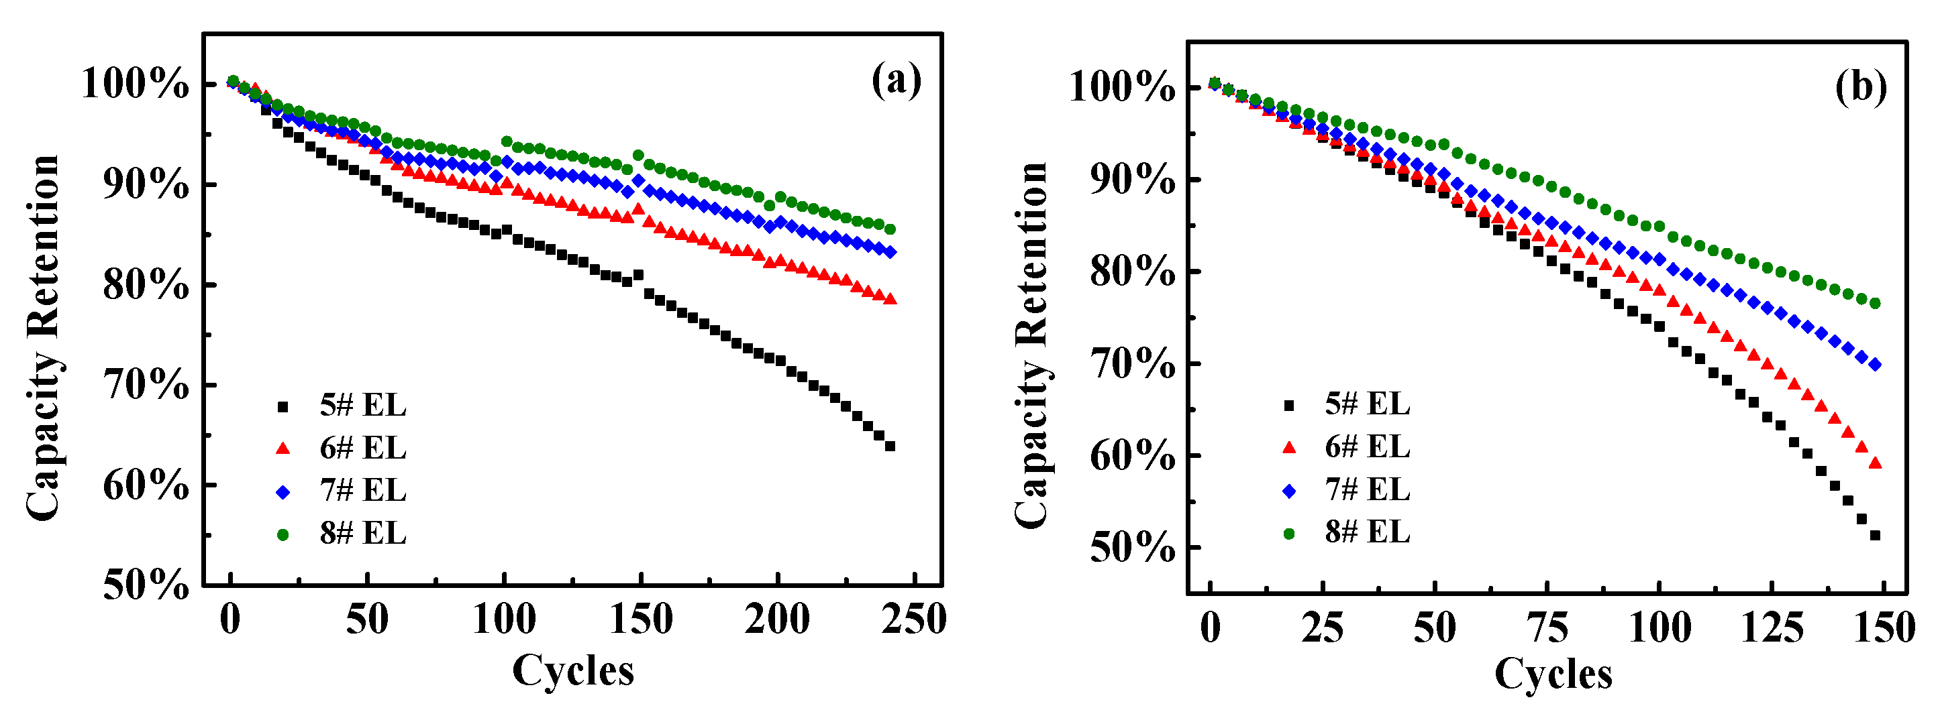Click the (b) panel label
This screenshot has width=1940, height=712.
point(1861,87)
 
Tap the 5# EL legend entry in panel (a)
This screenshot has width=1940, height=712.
point(362,406)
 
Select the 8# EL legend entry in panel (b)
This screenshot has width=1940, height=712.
point(1367,532)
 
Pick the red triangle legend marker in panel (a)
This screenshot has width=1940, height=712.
point(283,449)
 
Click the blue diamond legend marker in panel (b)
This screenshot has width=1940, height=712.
point(1288,491)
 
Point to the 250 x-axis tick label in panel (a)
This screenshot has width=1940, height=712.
point(913,619)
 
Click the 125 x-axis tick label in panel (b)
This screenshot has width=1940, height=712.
point(1772,627)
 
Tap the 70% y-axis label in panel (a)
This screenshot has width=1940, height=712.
point(146,385)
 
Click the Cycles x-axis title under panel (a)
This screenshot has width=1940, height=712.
point(573,670)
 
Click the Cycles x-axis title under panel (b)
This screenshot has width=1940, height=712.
point(1553,673)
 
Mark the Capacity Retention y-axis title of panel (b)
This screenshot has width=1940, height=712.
point(1030,344)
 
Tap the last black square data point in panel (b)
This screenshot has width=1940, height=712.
point(1875,535)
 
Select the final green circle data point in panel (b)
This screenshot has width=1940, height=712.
point(1875,303)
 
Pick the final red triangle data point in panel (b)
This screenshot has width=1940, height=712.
point(1875,463)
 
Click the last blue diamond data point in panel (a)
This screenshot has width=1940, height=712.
point(890,253)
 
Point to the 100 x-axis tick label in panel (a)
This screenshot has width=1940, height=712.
point(504,619)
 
